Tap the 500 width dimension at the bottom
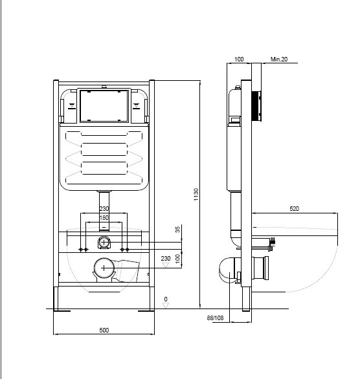104,330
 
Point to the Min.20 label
279,60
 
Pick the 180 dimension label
104,217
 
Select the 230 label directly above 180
104,208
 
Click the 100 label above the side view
239,60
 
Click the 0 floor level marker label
166,299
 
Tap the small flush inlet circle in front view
104,243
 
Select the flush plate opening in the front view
104,105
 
